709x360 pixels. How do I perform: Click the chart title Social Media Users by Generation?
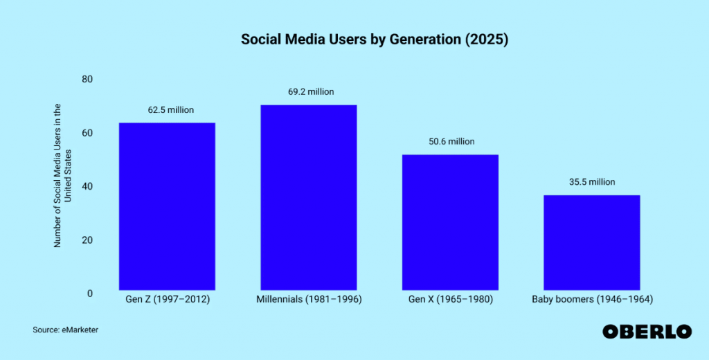coord(375,39)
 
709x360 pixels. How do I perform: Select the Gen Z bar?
coord(167,206)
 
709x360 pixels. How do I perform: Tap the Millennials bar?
coord(308,197)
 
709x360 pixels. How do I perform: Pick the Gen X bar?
coord(450,222)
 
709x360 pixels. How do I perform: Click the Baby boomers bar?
coord(591,242)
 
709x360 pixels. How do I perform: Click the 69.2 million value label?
coord(311,91)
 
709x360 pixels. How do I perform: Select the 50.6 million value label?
coord(451,141)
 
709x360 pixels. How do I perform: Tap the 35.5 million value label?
coord(591,182)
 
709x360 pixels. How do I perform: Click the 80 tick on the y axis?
coord(87,79)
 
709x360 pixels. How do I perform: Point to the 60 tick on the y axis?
coord(87,133)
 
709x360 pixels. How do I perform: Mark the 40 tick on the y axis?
coord(87,186)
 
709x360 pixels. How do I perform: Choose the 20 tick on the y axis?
coord(87,240)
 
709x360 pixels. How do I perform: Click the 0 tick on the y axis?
coord(89,294)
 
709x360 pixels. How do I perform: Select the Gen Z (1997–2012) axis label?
coord(167,300)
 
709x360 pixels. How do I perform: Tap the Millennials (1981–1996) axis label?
coord(308,300)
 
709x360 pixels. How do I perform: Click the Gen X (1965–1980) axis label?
coord(450,300)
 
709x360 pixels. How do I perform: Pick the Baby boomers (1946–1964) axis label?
coord(592,300)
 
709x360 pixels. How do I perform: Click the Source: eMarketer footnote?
coord(65,330)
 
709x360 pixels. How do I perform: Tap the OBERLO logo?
coord(647,332)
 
